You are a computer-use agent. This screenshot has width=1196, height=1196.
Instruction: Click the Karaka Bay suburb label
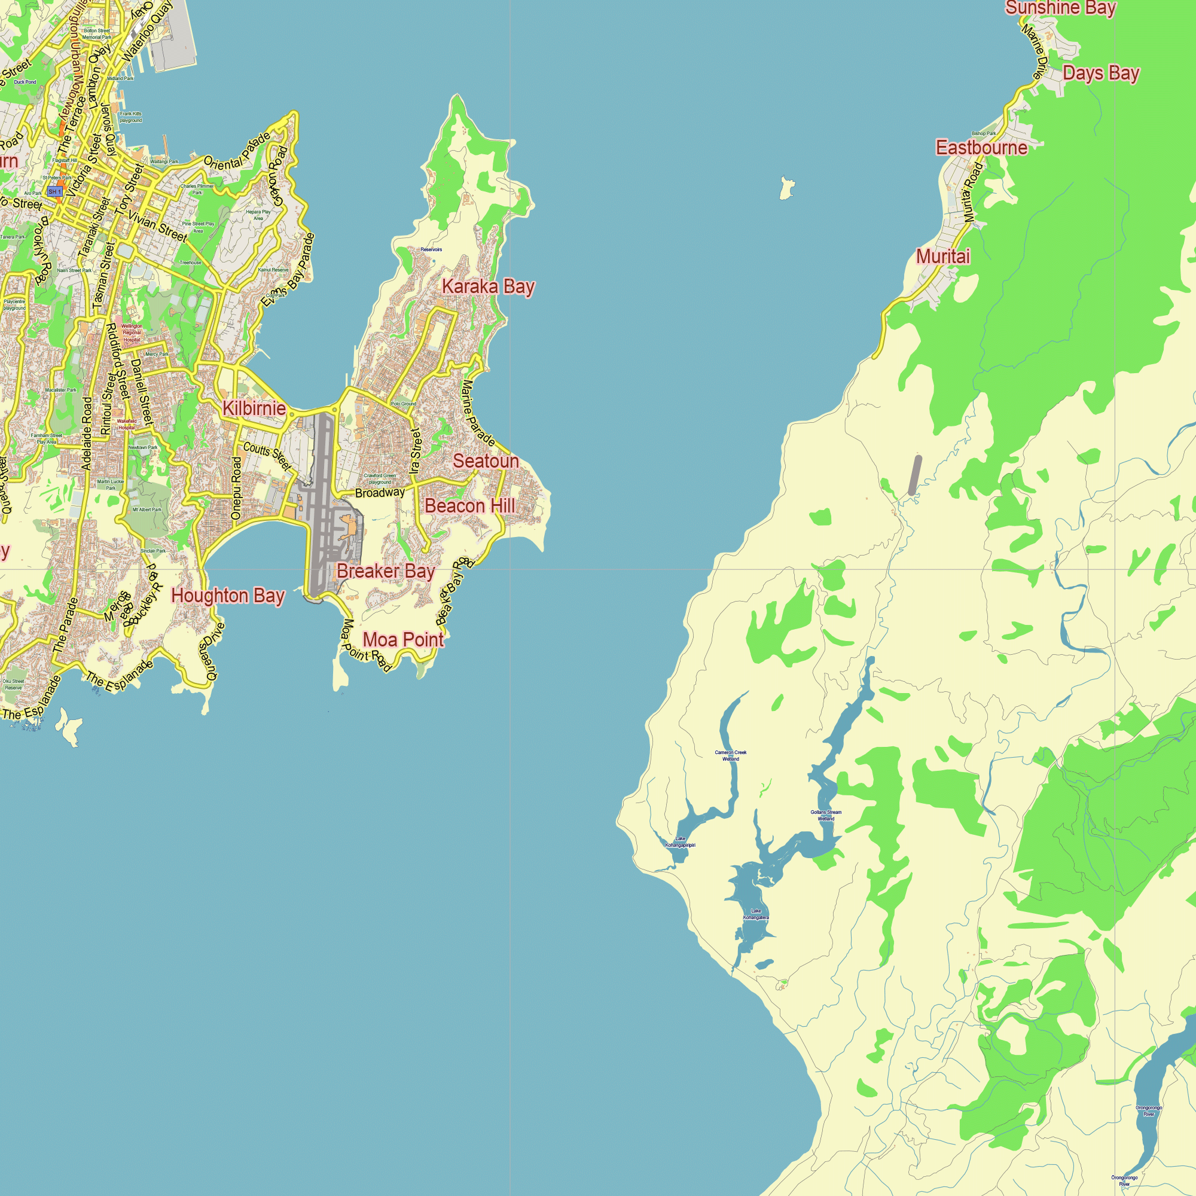click(x=488, y=286)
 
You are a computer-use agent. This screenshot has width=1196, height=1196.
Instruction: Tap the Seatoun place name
click(x=486, y=461)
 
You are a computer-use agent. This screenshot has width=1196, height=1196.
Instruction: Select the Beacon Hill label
click(x=469, y=506)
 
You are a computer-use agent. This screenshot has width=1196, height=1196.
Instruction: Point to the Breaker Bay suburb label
click(x=386, y=570)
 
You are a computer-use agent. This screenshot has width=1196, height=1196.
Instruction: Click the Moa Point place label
click(x=403, y=639)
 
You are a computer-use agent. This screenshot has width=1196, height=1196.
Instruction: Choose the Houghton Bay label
click(x=228, y=596)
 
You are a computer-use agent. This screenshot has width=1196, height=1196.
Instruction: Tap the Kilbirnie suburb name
click(x=254, y=408)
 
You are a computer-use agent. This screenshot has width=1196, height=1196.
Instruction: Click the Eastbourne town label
click(x=981, y=147)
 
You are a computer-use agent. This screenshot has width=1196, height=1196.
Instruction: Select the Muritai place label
click(x=943, y=257)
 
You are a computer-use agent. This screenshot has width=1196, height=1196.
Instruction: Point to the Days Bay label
click(x=1101, y=73)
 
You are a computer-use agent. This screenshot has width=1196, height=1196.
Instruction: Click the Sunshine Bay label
click(x=1060, y=8)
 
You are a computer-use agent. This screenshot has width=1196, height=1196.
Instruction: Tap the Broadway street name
click(x=380, y=493)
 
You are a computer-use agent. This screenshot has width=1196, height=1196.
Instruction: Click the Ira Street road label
click(x=416, y=451)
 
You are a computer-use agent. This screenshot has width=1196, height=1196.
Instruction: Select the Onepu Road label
click(x=236, y=488)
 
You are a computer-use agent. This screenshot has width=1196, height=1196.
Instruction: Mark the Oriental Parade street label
click(x=237, y=152)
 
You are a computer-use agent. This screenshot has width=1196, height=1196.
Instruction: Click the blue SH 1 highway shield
click(x=55, y=192)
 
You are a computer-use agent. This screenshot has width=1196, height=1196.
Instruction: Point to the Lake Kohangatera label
click(x=756, y=914)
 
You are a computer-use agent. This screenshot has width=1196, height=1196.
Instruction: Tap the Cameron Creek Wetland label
click(x=731, y=755)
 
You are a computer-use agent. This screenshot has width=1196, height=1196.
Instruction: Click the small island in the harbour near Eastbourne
click(x=786, y=188)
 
